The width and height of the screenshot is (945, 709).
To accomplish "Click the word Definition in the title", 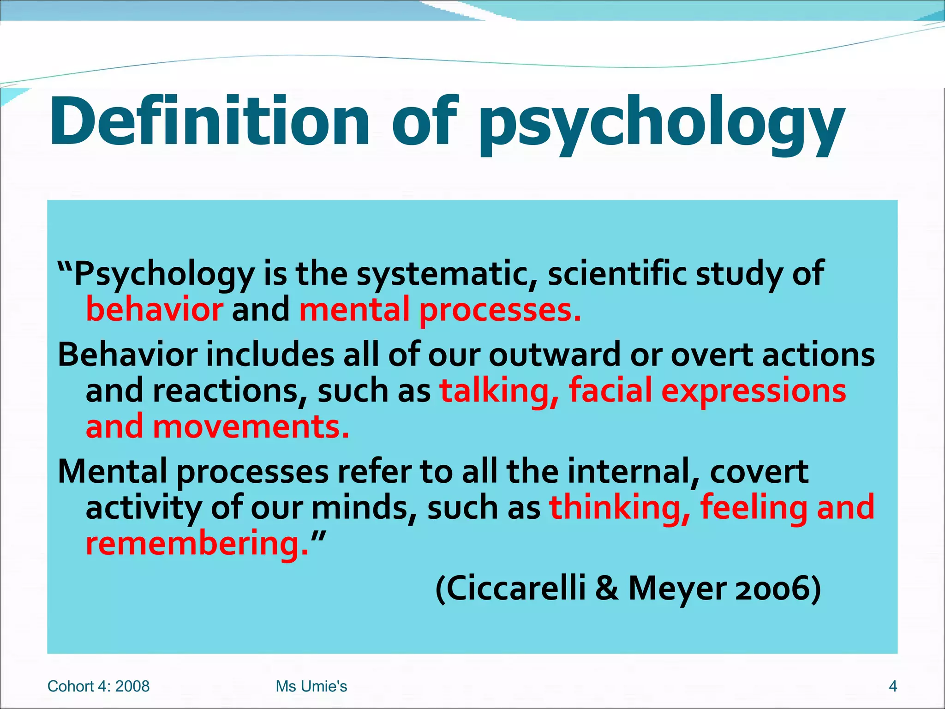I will click(210, 121).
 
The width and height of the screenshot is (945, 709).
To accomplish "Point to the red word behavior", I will click(155, 309).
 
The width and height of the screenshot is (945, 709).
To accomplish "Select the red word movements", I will click(251, 427).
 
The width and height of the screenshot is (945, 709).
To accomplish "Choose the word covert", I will click(759, 472).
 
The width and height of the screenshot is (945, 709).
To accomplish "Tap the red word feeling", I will click(754, 508).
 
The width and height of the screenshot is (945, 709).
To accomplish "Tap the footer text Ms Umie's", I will click(311, 686).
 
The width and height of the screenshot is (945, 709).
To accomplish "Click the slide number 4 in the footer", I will click(893, 686).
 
